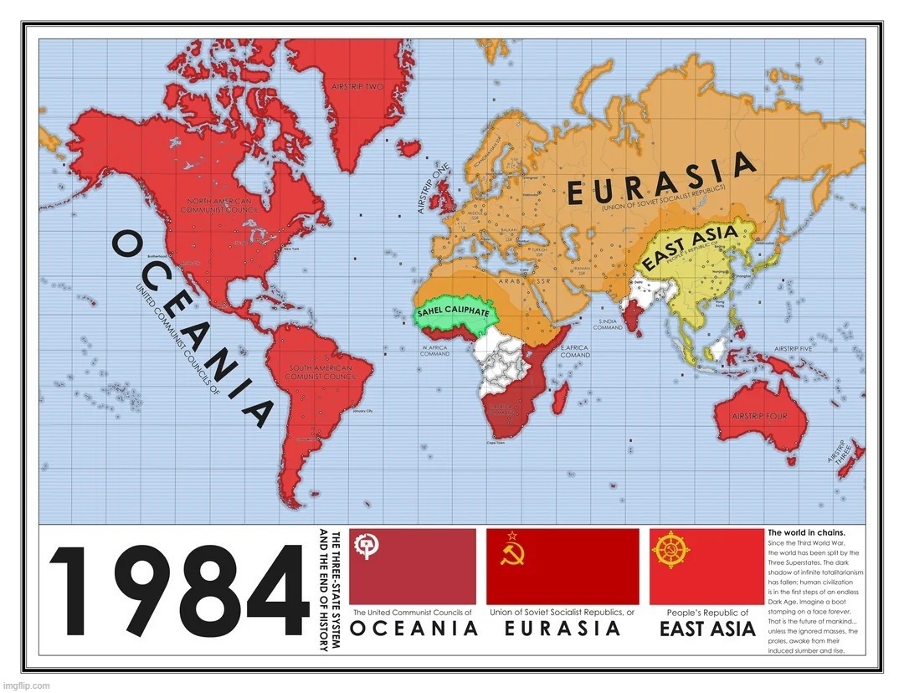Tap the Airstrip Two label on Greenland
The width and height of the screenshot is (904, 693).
tap(357, 86)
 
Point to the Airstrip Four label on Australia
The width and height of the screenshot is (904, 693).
tap(758, 415)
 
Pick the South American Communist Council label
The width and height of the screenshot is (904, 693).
tap(321, 372)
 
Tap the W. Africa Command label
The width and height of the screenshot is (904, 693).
tap(436, 351)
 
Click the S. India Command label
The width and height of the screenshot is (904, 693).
tap(608, 324)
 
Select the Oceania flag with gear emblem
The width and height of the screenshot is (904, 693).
tap(412, 567)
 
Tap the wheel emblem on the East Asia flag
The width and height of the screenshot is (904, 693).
tap(671, 552)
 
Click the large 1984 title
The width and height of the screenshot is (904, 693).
tap(178, 593)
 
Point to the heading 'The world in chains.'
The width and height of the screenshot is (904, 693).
tap(806, 532)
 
